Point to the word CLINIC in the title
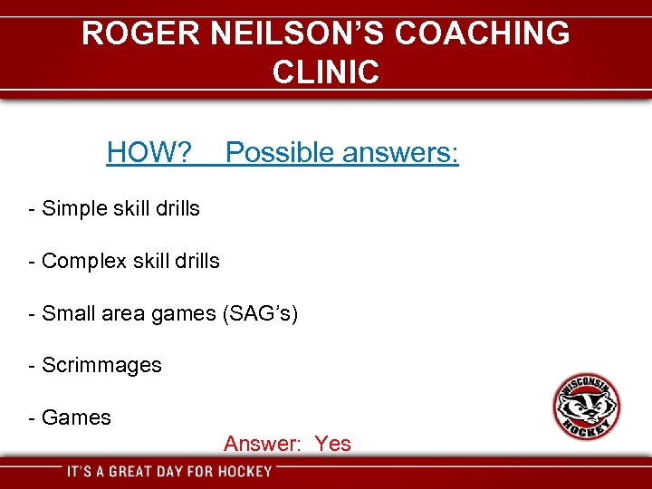325,72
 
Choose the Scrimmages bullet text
101,365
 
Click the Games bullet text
76,417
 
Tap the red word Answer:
262,444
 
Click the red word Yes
332,444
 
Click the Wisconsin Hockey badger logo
586,407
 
